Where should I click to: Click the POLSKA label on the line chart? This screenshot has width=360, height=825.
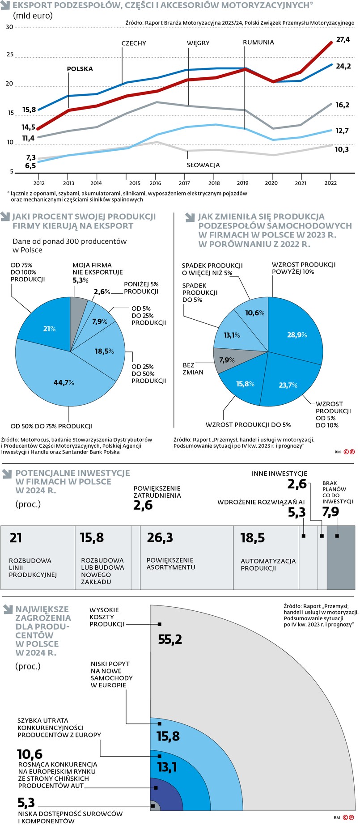click(80, 69)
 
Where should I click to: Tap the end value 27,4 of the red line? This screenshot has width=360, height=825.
click(343, 40)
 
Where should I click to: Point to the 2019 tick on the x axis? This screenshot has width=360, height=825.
click(242, 183)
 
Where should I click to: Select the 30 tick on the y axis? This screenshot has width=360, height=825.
click(9, 27)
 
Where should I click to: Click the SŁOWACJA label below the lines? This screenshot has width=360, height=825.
click(203, 165)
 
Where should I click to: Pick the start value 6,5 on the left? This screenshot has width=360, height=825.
click(30, 166)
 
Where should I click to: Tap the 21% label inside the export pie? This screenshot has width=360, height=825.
click(49, 329)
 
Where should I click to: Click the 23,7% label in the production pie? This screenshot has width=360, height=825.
click(288, 385)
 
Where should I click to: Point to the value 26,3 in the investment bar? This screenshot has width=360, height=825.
click(160, 537)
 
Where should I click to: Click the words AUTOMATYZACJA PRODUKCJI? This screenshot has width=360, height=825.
click(268, 564)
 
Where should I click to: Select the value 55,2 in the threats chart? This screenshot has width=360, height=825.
click(170, 639)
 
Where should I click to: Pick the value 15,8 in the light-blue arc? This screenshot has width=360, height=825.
click(168, 736)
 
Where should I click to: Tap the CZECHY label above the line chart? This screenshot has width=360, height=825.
click(134, 43)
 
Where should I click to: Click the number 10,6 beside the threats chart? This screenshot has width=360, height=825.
click(30, 754)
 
